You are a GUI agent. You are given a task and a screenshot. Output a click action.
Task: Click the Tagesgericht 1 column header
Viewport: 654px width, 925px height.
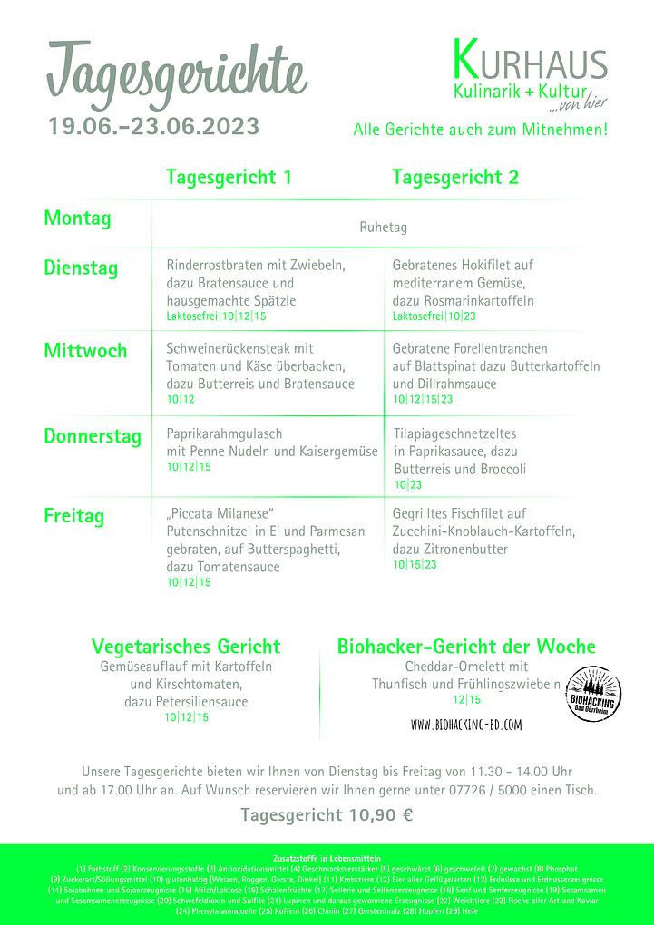pos(229,178)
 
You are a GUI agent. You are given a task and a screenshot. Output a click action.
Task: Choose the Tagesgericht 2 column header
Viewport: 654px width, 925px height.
pos(455,178)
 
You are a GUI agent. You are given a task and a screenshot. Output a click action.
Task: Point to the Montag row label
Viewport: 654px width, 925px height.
pos(77,219)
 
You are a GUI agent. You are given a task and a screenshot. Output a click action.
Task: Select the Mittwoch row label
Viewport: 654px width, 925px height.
pos(85,351)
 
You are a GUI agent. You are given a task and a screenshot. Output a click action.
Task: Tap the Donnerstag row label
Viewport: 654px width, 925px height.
pos(93,436)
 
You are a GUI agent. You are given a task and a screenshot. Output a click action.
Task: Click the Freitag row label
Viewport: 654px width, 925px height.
pos(74,517)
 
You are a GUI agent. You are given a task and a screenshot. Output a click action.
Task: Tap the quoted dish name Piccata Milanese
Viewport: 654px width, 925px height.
pos(220,513)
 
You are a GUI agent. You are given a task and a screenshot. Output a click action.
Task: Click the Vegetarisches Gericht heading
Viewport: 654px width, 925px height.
pos(186,647)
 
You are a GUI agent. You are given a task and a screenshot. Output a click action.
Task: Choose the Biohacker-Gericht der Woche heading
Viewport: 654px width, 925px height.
pos(466,647)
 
